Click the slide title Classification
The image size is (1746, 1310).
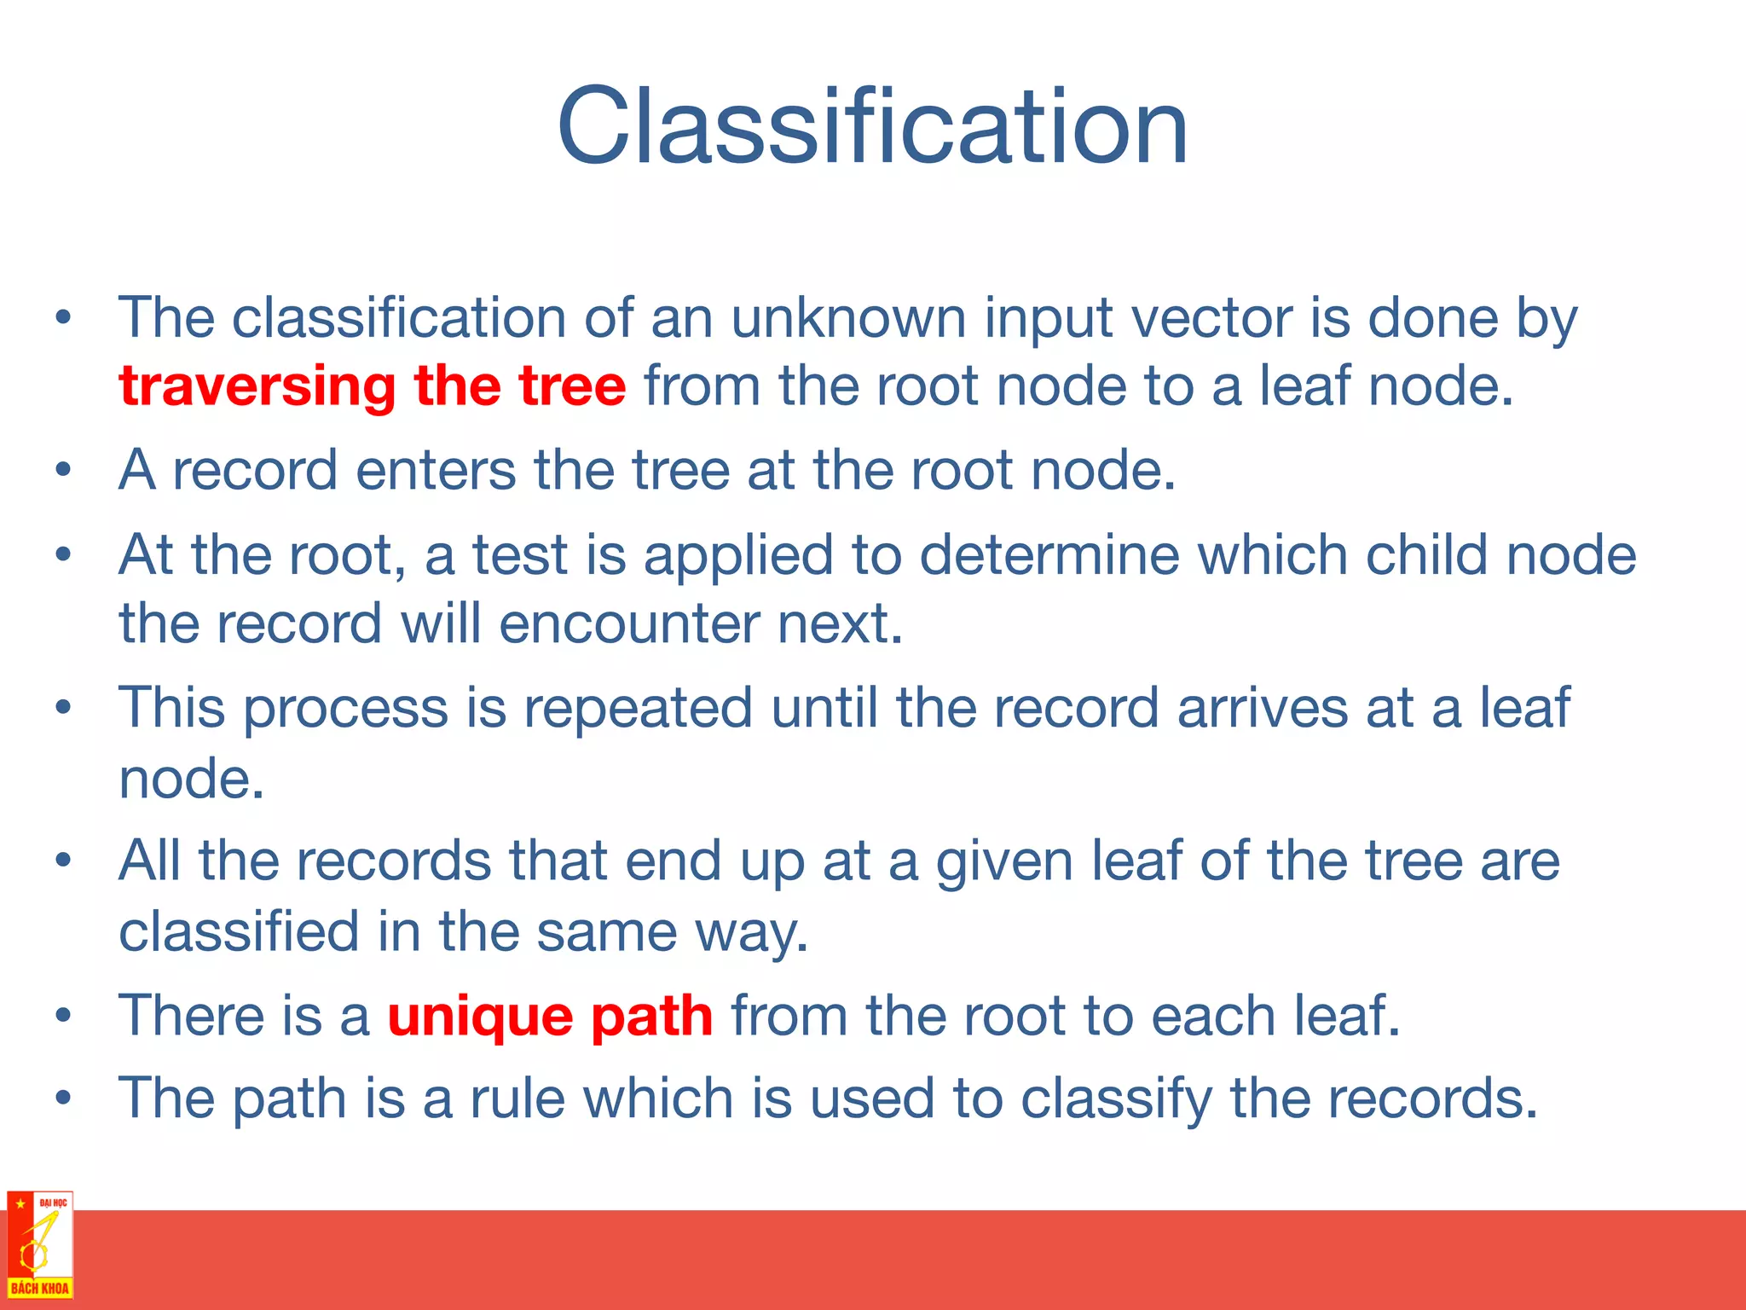point(872,128)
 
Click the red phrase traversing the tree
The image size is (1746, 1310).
point(373,386)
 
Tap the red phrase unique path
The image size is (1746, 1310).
point(550,1017)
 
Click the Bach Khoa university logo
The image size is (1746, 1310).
point(39,1245)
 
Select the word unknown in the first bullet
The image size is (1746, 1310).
point(848,319)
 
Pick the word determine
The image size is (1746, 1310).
point(1049,555)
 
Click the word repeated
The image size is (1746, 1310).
point(638,708)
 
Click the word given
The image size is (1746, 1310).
point(1004,861)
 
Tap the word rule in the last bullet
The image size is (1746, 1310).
point(517,1098)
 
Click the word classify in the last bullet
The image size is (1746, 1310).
point(1116,1098)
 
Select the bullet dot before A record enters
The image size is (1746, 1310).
point(62,470)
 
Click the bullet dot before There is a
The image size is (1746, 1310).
point(62,1016)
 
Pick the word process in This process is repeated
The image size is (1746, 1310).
point(345,710)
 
